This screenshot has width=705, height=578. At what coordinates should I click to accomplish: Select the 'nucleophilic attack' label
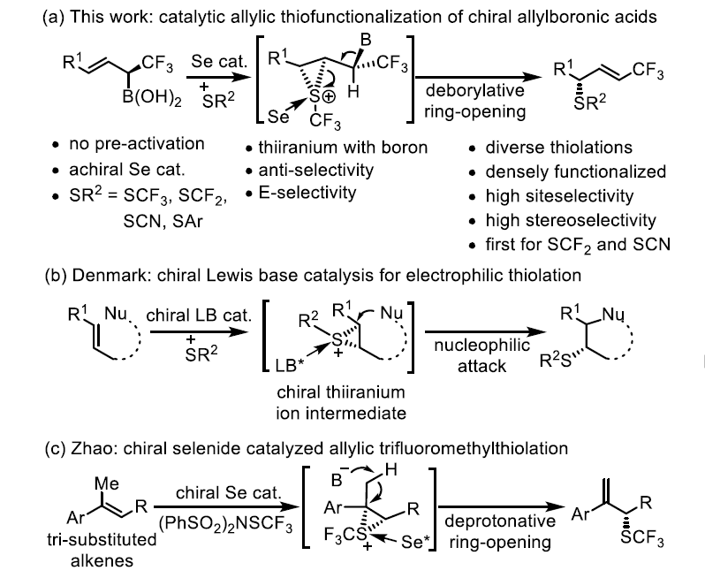coord(480,355)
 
